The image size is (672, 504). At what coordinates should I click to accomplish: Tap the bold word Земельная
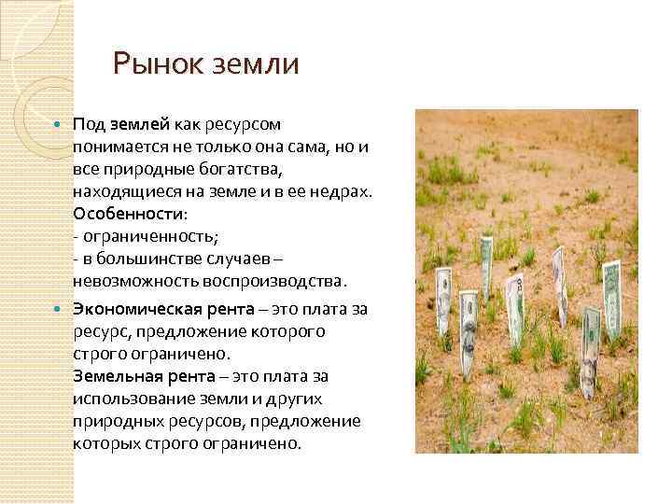[114, 376]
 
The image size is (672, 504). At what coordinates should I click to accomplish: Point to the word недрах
[346, 191]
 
